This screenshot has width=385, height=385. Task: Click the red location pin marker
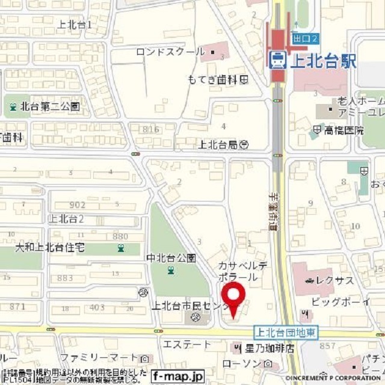(x=233, y=298)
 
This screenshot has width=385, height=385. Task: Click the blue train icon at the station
(x=278, y=59)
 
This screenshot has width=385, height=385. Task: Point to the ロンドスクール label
(x=170, y=52)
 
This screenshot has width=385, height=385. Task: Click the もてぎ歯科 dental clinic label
(x=213, y=79)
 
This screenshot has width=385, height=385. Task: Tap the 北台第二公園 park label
(x=50, y=108)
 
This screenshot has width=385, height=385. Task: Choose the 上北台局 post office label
(x=218, y=144)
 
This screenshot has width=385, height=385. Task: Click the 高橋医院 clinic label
(x=344, y=130)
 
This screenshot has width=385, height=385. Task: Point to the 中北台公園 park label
(x=171, y=258)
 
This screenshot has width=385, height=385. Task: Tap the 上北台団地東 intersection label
(x=286, y=332)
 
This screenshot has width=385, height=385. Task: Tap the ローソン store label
(x=244, y=364)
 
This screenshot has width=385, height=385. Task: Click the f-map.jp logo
(x=177, y=375)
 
